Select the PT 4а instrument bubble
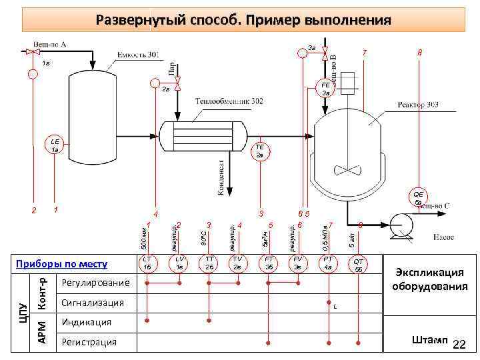tap(327, 263)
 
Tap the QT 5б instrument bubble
tap(359, 264)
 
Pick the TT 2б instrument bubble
tap(209, 263)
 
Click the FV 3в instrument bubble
tap(297, 263)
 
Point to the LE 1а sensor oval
tap(55, 145)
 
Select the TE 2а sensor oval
tap(260, 151)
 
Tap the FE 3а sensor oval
tap(325, 89)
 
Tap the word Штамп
tap(431, 340)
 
